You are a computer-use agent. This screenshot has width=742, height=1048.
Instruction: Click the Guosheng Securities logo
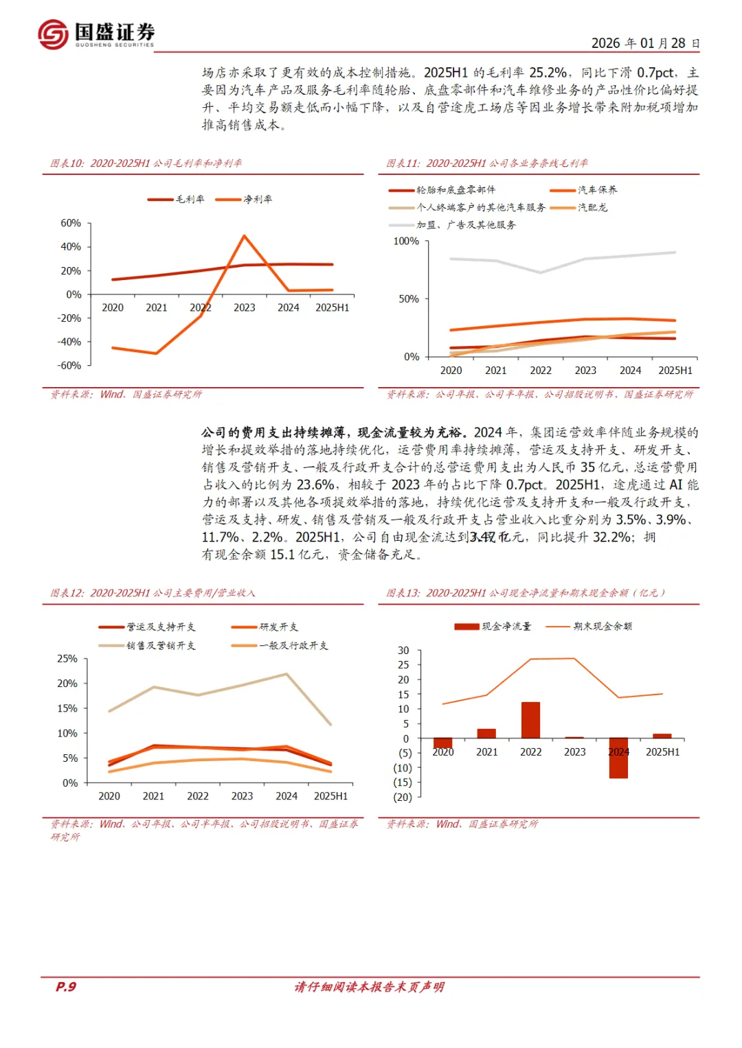(x=96, y=34)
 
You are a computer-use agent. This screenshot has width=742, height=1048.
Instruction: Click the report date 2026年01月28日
(x=645, y=43)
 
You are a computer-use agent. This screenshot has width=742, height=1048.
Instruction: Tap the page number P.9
(x=66, y=987)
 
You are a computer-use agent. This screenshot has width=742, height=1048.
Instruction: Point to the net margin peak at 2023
(x=245, y=236)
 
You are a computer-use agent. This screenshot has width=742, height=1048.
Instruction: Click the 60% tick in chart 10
(x=71, y=223)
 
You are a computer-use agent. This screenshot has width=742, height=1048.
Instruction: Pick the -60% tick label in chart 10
(x=69, y=365)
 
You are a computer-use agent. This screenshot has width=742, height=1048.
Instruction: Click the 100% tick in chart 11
(x=405, y=241)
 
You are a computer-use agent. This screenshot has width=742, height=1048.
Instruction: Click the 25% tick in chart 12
(x=67, y=658)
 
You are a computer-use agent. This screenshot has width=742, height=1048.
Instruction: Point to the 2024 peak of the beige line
(x=286, y=674)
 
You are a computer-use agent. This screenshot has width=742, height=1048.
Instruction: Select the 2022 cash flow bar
(x=530, y=720)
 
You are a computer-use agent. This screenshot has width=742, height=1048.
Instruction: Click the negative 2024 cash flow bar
(x=618, y=758)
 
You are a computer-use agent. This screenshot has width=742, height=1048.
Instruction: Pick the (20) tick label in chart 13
(x=403, y=797)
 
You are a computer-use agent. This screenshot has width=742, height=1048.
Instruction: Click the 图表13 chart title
(x=526, y=592)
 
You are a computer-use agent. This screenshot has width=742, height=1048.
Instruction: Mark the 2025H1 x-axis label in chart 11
(x=675, y=370)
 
